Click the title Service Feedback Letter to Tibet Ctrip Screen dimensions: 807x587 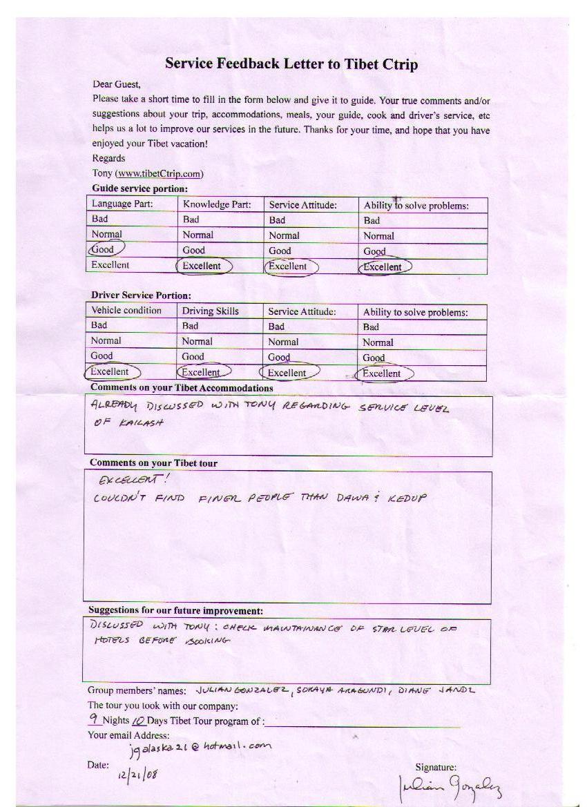pyautogui.click(x=291, y=65)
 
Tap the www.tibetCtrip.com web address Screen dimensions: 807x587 pyautogui.click(x=160, y=173)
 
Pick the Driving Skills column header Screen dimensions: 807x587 pyautogui.click(x=210, y=311)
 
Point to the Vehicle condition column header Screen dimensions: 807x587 pyautogui.click(x=126, y=311)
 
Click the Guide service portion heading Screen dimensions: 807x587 pyautogui.click(x=139, y=188)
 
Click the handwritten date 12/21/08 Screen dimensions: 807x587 pyautogui.click(x=138, y=773)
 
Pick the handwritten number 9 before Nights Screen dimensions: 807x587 pyautogui.click(x=94, y=719)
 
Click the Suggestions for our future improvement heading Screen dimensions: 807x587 pyautogui.click(x=175, y=611)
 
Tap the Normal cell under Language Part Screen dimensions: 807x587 pyautogui.click(x=106, y=235)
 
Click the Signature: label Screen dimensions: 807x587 pyautogui.click(x=435, y=767)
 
